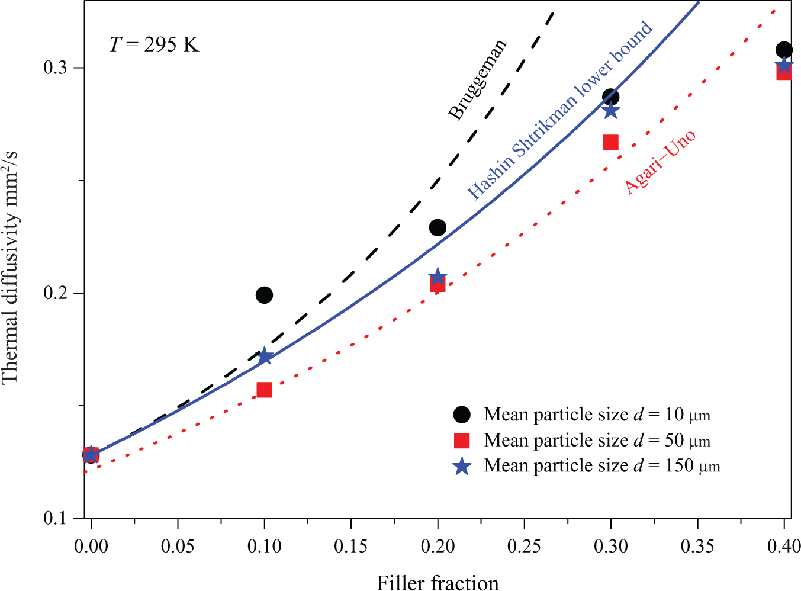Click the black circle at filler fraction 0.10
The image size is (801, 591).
coord(264,295)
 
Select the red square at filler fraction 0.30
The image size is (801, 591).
coord(611,142)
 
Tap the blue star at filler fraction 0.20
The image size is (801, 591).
coord(438,277)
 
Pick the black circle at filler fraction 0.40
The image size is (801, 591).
coord(784,50)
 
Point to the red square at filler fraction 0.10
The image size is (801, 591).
coord(264,390)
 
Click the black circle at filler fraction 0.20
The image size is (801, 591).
coord(438,227)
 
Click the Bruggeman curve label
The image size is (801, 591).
coord(478,79)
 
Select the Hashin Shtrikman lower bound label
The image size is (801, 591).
coord(559,110)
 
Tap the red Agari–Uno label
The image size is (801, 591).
coord(661,162)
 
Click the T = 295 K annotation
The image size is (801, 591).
coord(154,45)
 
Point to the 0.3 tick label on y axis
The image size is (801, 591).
coord(56,68)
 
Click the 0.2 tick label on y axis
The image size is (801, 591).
coord(56,293)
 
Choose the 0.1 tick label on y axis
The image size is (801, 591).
coord(56,518)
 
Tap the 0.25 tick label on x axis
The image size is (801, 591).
coord(524,547)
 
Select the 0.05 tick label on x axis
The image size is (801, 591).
coord(178,547)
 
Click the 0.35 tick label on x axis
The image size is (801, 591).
coord(697,547)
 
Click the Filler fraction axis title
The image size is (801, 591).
coord(438,582)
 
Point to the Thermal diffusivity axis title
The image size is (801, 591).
coord(10,267)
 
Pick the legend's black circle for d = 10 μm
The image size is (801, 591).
coord(462,415)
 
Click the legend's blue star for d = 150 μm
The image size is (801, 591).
coord(462,466)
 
